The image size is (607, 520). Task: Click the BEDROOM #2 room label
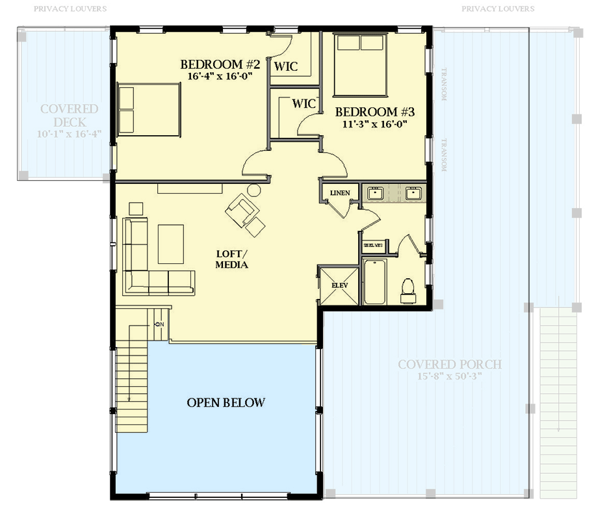point(220,65)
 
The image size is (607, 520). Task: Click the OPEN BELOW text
point(226,402)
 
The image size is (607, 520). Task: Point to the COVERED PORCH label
point(450,364)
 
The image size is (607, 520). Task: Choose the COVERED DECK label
point(70,116)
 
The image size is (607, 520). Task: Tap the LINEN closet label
point(339,193)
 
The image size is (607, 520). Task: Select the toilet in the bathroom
point(409,290)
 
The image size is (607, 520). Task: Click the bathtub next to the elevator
point(375,282)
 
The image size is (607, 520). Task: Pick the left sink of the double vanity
point(374,193)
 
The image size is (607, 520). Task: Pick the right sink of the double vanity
point(412,193)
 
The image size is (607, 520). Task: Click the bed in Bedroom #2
point(148,110)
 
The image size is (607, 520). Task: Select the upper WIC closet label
point(286,66)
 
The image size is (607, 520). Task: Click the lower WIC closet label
point(303,103)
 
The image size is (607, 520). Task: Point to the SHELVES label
point(373,245)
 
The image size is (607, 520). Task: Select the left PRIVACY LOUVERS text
point(70,9)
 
